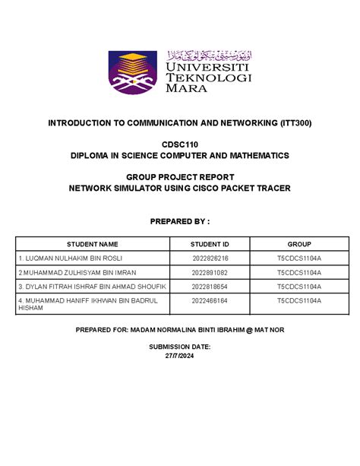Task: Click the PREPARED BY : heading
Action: click(179, 220)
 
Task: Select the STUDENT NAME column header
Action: click(92, 245)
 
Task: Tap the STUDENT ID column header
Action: click(210, 245)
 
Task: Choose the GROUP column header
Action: click(298, 245)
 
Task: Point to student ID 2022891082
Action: click(210, 272)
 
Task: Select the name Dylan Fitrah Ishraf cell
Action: click(91, 286)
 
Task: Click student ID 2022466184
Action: click(210, 301)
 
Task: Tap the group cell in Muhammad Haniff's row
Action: click(298, 301)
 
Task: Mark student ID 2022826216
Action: click(210, 259)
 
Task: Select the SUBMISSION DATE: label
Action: click(179, 347)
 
